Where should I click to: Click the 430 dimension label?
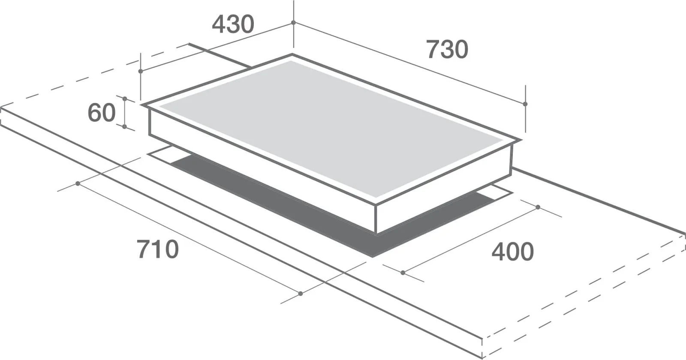click(233, 24)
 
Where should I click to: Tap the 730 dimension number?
click(448, 49)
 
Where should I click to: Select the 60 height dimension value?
click(102, 113)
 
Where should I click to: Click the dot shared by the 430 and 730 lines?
click(293, 23)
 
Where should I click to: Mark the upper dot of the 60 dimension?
click(125, 99)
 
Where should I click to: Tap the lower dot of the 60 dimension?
click(124, 126)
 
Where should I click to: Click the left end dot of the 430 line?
click(141, 71)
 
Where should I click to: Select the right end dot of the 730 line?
click(525, 104)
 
